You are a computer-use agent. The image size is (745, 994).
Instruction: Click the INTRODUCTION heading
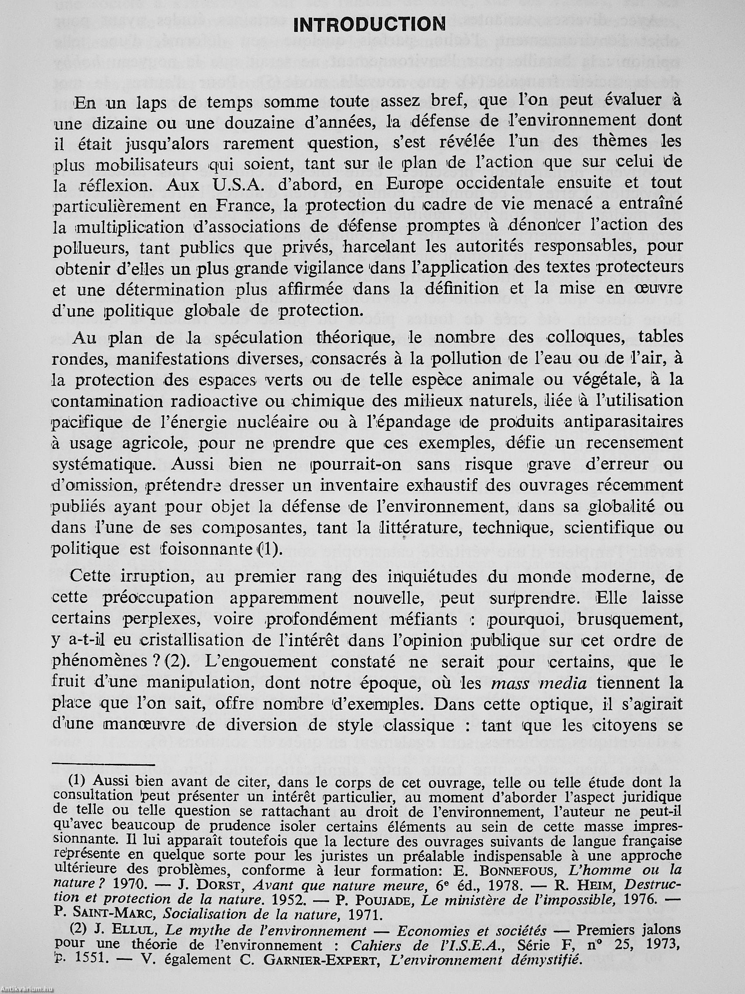coord(369,24)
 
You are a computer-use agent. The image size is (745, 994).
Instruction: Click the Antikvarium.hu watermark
coord(27,989)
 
